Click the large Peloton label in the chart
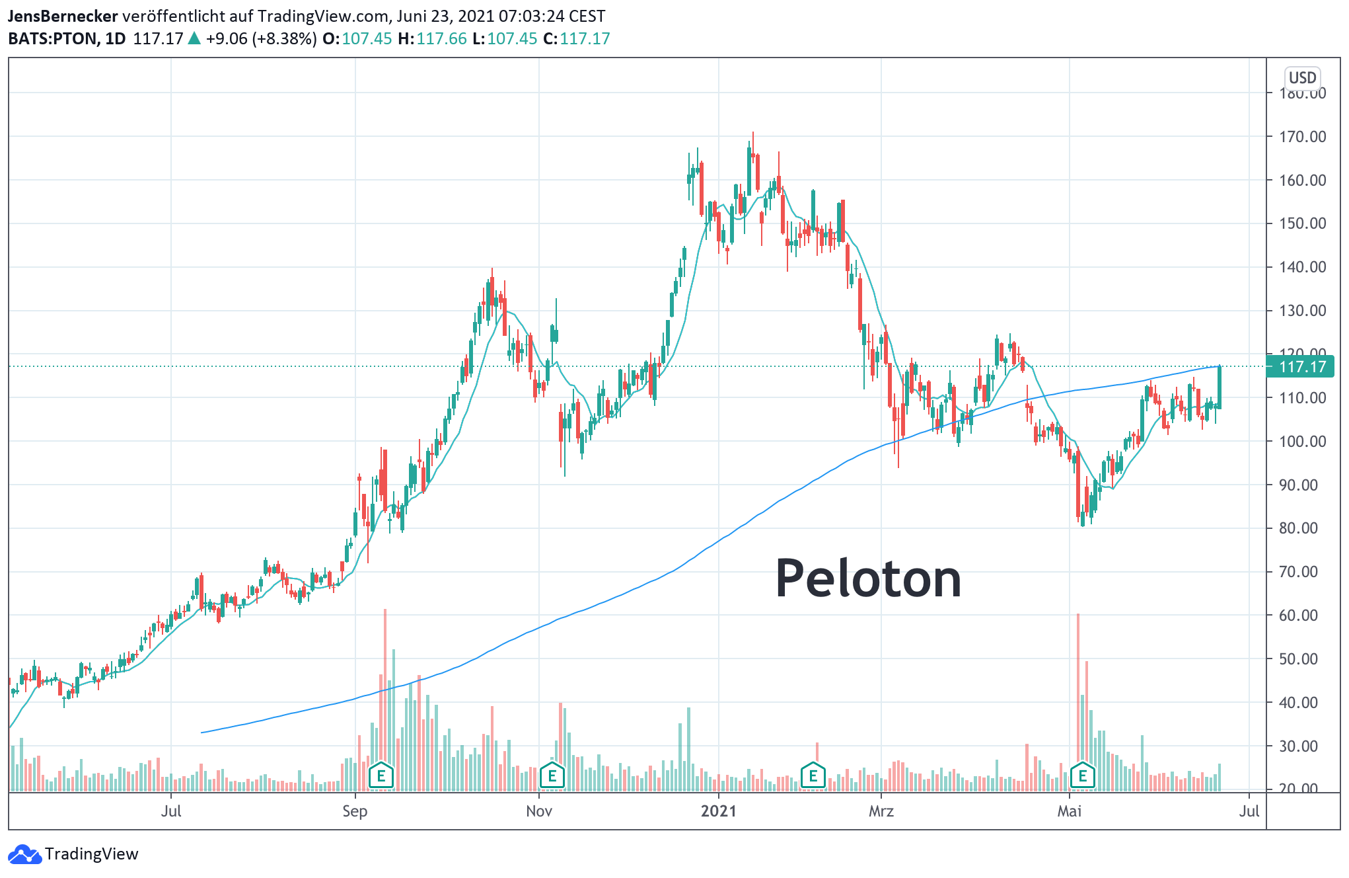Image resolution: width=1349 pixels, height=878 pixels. tap(867, 579)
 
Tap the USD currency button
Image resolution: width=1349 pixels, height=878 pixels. tap(1302, 78)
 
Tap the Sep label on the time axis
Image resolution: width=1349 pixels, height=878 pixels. tap(355, 811)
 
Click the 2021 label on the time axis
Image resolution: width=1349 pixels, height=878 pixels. tap(719, 811)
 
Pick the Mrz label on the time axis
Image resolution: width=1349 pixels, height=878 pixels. tap(881, 811)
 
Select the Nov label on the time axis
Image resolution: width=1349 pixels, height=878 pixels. tap(539, 811)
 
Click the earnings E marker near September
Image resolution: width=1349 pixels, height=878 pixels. tap(381, 776)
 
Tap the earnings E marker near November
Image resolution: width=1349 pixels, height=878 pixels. tap(552, 776)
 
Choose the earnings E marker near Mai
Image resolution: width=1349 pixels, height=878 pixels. tap(1082, 776)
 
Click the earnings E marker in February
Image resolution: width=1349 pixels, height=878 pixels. tap(813, 776)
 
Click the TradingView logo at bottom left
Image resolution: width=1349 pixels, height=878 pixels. tap(73, 854)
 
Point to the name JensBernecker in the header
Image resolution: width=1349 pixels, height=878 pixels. tap(63, 16)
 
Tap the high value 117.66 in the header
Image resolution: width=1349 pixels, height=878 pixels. tap(441, 38)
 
